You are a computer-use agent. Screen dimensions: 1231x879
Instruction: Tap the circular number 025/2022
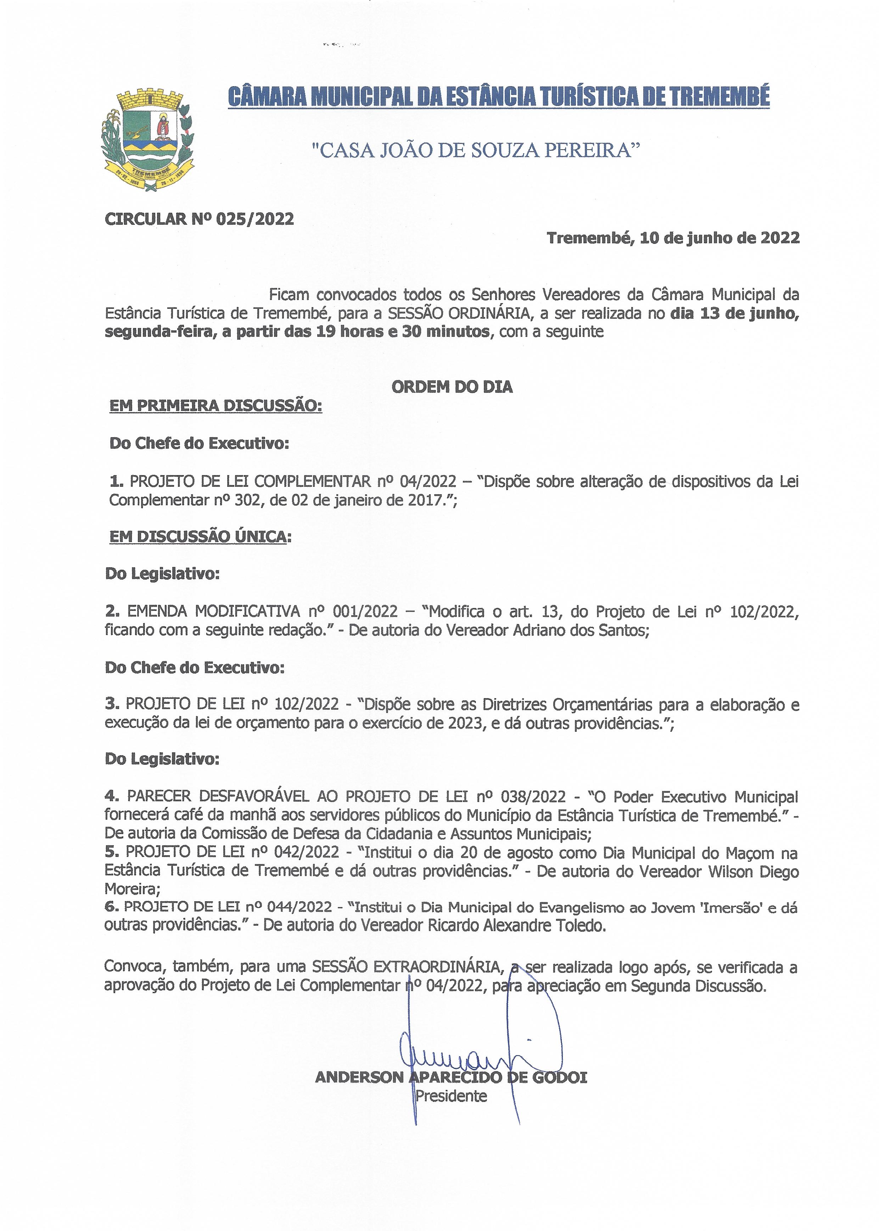[254, 219]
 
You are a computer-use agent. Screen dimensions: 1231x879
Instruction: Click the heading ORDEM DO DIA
[452, 387]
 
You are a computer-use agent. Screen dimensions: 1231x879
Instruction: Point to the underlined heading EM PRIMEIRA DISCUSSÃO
[215, 406]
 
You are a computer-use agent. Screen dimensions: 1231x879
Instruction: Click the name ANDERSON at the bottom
[359, 1077]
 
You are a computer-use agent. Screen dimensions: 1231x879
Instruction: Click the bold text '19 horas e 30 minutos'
[402, 331]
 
